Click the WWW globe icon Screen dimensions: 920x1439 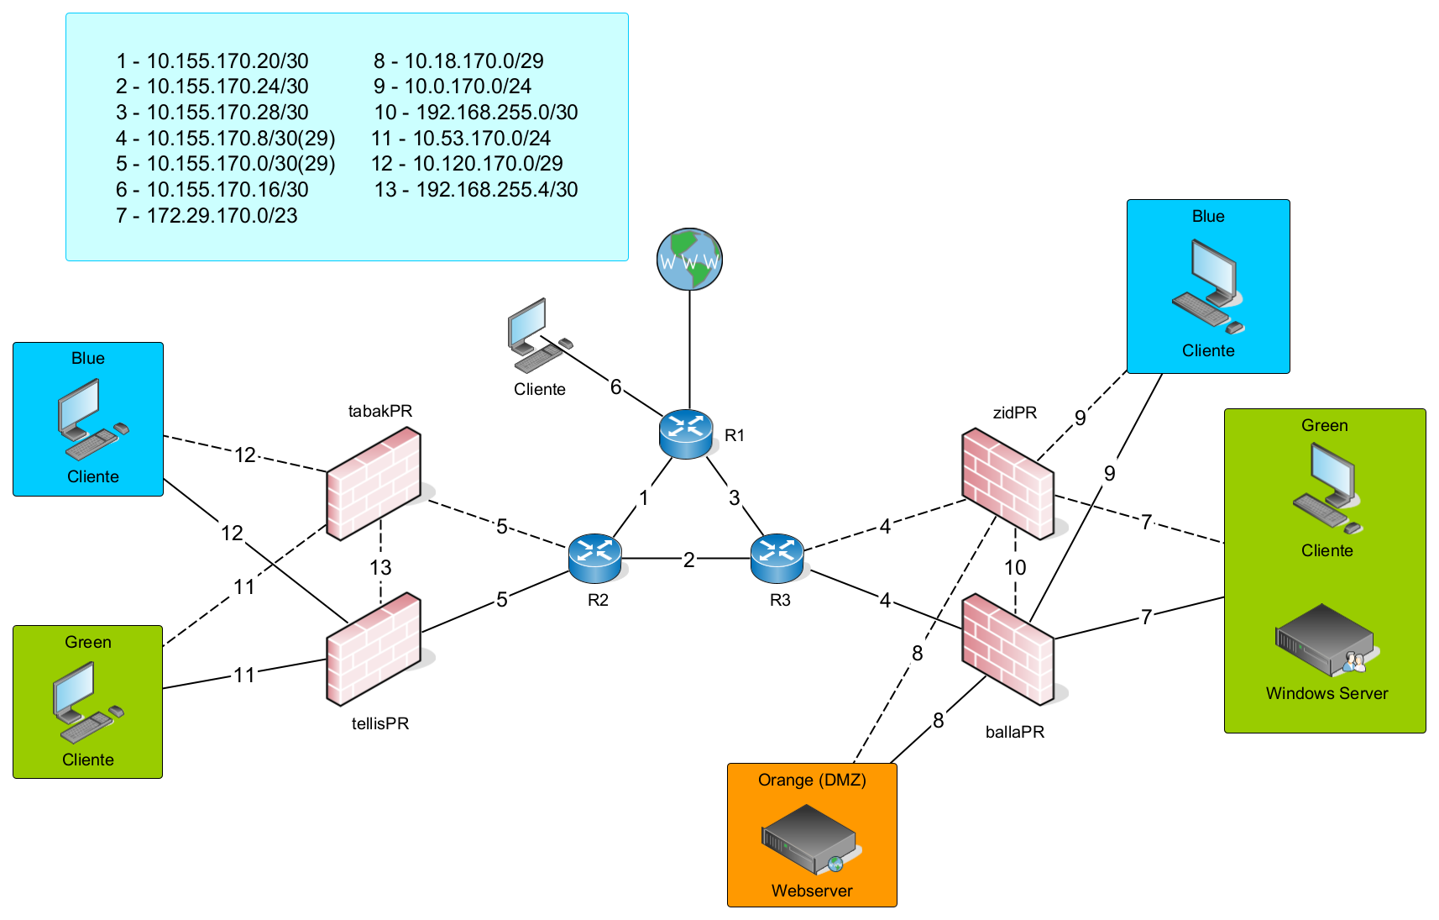pyautogui.click(x=689, y=259)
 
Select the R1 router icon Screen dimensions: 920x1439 pyautogui.click(x=686, y=434)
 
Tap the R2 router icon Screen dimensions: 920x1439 pyautogui.click(x=594, y=558)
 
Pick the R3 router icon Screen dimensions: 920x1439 pyautogui.click(x=777, y=558)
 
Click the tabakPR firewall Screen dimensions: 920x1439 pyautogui.click(x=374, y=484)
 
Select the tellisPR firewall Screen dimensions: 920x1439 pyautogui.click(x=374, y=649)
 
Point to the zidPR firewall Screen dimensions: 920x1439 pyautogui.click(x=1007, y=484)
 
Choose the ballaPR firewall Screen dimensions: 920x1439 pyautogui.click(x=1007, y=649)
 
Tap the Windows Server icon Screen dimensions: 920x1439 pyautogui.click(x=1325, y=640)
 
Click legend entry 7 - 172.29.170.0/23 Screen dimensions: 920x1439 pyautogui.click(x=207, y=216)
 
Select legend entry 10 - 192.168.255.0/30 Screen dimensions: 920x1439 pyautogui.click(x=476, y=113)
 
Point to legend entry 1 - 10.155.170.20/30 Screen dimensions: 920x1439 pyautogui.click(x=212, y=61)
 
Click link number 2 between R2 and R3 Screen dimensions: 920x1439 pyautogui.click(x=688, y=560)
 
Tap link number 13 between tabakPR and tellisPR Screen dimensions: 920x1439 pyautogui.click(x=380, y=567)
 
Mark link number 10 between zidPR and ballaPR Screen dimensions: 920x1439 pyautogui.click(x=1015, y=567)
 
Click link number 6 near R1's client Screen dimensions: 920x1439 pyautogui.click(x=615, y=386)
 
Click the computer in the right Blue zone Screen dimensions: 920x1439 pyautogui.click(x=1207, y=286)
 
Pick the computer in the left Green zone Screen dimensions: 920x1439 pyautogui.click(x=87, y=702)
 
